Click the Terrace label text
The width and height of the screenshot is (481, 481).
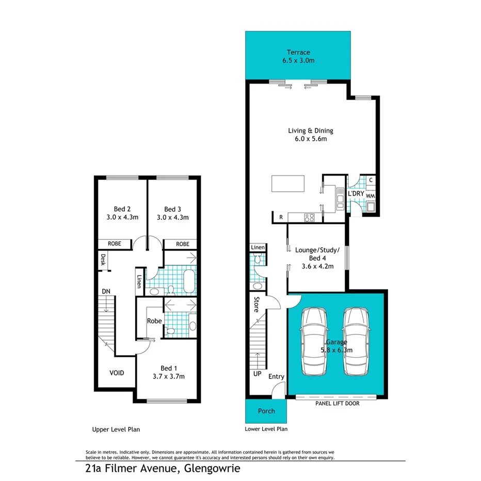point(298,52)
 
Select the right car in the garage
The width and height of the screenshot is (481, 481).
point(357,342)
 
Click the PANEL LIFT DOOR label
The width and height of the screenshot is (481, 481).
point(337,404)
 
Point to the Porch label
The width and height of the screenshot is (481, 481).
point(266,411)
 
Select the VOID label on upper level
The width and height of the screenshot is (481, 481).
point(116,373)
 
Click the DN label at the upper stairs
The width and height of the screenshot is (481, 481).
point(106,292)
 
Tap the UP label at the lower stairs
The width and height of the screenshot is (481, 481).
point(257,374)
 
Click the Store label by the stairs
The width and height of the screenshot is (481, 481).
point(255,304)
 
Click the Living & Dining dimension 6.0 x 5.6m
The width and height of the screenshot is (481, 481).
point(310,139)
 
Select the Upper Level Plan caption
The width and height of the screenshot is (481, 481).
point(116,429)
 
